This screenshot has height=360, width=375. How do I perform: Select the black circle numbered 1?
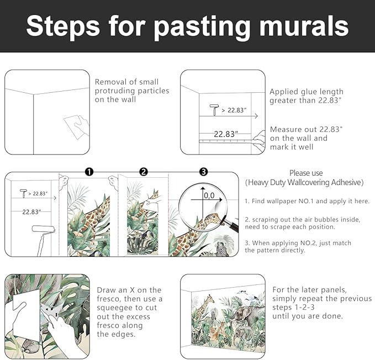[x=89, y=172]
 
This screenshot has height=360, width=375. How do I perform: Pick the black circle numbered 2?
[x=144, y=172]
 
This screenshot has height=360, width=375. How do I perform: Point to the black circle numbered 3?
[x=203, y=172]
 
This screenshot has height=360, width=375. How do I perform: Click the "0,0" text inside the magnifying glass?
[x=209, y=195]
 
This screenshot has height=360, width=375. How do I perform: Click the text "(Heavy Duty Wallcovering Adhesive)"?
[x=305, y=182]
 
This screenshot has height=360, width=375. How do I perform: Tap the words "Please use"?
[x=305, y=173]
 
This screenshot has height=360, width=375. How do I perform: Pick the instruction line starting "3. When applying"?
[x=298, y=242]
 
